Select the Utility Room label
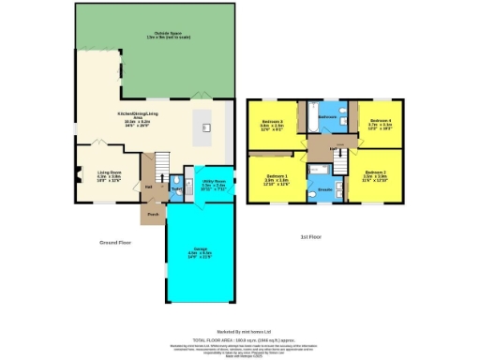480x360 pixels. [x=212, y=185]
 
